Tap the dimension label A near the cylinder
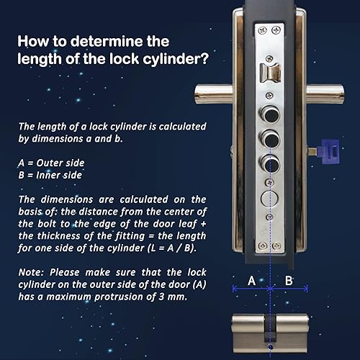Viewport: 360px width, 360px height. click(x=251, y=281)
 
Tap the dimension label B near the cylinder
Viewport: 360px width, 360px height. click(x=289, y=281)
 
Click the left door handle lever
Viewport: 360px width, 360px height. click(x=214, y=94)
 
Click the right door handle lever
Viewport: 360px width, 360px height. click(x=325, y=94)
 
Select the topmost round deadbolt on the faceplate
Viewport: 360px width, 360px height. click(x=270, y=114)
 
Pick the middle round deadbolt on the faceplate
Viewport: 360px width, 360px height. click(x=270, y=139)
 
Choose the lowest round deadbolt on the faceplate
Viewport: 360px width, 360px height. click(x=270, y=164)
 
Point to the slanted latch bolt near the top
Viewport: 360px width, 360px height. click(x=271, y=73)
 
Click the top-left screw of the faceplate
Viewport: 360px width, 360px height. click(x=262, y=30)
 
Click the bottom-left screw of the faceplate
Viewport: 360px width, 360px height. click(x=263, y=246)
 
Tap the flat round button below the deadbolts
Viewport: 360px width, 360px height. click(x=269, y=199)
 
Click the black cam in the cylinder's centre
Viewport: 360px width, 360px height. click(x=270, y=329)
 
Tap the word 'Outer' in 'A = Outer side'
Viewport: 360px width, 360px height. click(x=48, y=163)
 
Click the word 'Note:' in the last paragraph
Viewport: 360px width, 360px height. click(x=31, y=272)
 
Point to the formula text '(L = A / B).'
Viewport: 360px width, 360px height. click(x=172, y=248)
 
